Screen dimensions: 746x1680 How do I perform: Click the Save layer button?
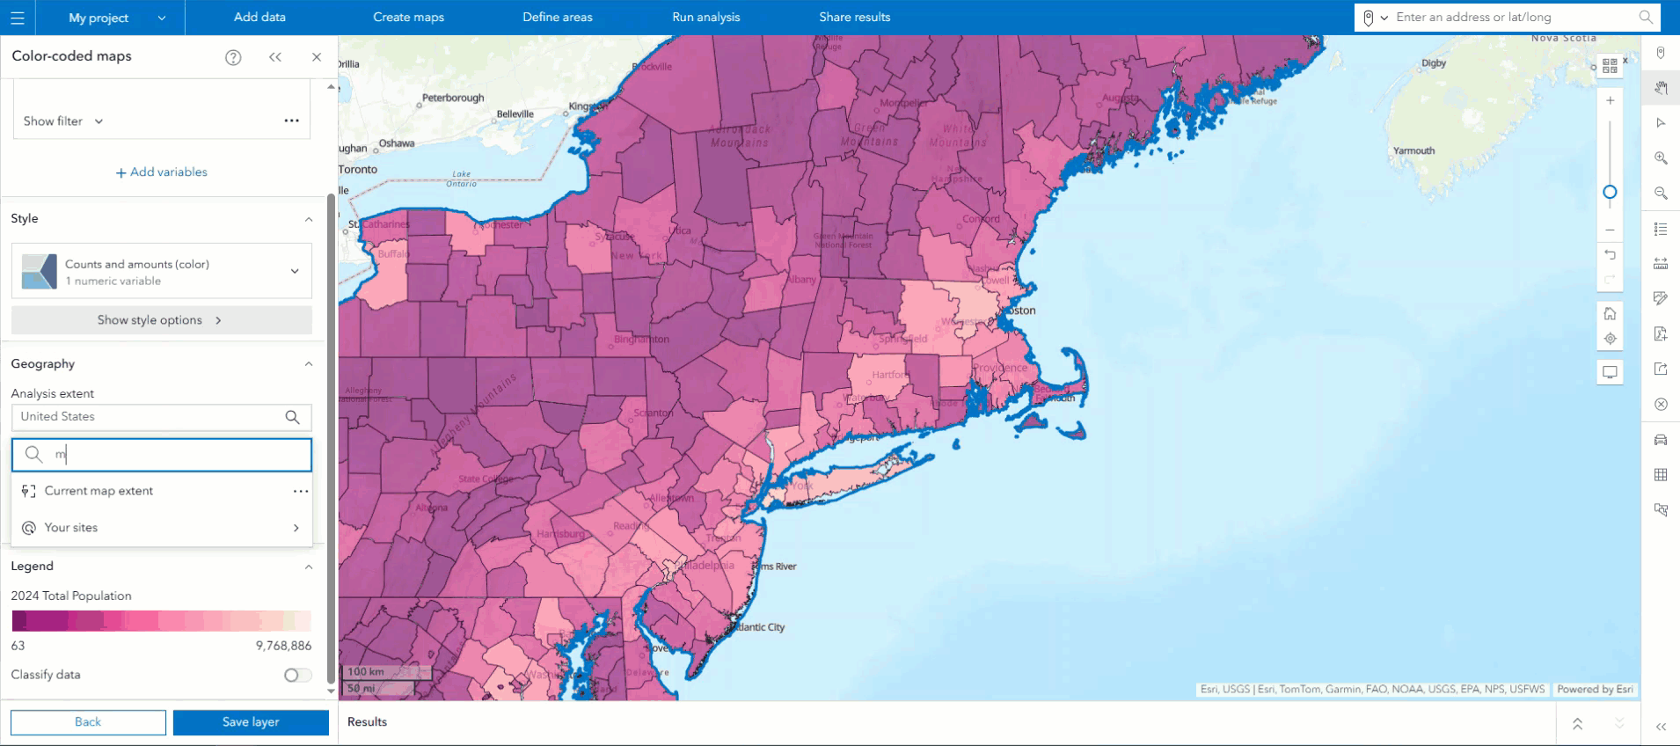[x=251, y=722]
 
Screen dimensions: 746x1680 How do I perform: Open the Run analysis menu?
[x=705, y=17]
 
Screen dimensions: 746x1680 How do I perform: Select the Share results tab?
[x=854, y=17]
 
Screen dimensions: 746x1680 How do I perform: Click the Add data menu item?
[x=259, y=17]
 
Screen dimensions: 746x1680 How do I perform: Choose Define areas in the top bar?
[x=557, y=17]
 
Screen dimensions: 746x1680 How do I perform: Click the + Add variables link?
[x=162, y=172]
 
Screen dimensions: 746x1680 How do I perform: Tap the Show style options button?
[x=161, y=320]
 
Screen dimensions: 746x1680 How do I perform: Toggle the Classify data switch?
[x=297, y=675]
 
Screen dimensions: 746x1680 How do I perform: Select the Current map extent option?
[x=99, y=491]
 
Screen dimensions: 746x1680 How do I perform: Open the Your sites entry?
[x=71, y=528]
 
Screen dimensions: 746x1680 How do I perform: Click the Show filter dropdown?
[x=63, y=121]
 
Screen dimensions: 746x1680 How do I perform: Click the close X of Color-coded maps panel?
[x=317, y=57]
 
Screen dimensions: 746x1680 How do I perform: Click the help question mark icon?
[x=233, y=57]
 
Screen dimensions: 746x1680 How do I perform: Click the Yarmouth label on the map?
[x=1413, y=151]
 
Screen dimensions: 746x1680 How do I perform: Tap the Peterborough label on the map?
[x=453, y=98]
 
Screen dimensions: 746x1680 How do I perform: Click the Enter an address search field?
[x=1513, y=17]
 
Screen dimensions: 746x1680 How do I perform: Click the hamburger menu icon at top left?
[x=18, y=18]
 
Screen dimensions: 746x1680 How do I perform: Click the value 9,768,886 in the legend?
[x=283, y=646]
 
